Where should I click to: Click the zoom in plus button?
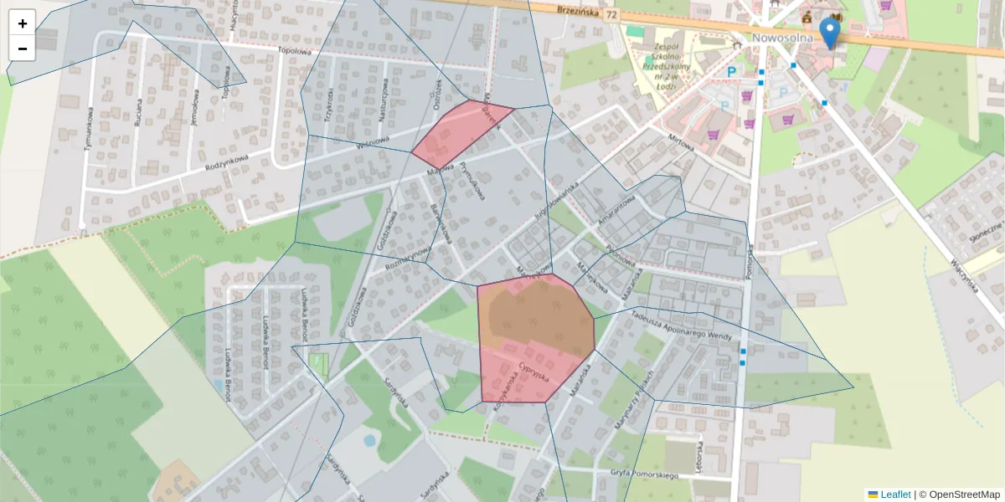click(x=23, y=23)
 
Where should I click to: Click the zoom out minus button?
click(x=23, y=49)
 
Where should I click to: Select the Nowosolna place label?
click(x=783, y=38)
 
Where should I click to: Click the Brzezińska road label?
click(x=576, y=12)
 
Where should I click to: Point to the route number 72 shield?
click(x=612, y=15)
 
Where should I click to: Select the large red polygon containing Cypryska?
click(x=534, y=339)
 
